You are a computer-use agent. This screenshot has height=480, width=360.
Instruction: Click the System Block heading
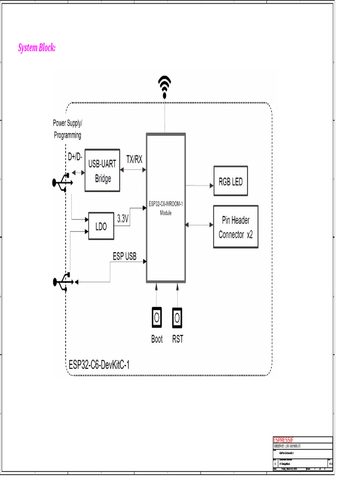point(37,48)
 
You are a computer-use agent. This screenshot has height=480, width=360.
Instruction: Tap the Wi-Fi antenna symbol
point(164,87)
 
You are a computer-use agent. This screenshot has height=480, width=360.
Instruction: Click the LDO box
point(101,226)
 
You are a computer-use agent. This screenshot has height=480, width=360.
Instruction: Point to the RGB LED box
point(231,181)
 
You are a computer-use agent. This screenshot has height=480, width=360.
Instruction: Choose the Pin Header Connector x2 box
point(235,227)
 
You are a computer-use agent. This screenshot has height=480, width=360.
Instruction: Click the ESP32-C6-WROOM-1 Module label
point(166,208)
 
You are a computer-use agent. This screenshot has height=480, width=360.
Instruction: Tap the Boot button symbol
point(157,317)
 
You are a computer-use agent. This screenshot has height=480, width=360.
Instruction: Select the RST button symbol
point(177,317)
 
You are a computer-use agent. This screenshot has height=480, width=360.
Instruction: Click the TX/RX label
point(134,159)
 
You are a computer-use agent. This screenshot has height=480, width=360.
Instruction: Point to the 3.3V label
point(123,218)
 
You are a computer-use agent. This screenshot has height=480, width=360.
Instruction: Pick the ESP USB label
point(124,256)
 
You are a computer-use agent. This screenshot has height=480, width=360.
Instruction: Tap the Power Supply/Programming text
point(67,129)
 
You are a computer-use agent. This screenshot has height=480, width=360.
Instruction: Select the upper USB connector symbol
point(62,182)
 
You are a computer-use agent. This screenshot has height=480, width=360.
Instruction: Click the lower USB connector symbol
point(62,282)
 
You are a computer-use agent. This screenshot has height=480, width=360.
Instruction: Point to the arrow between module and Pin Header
point(199,225)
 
